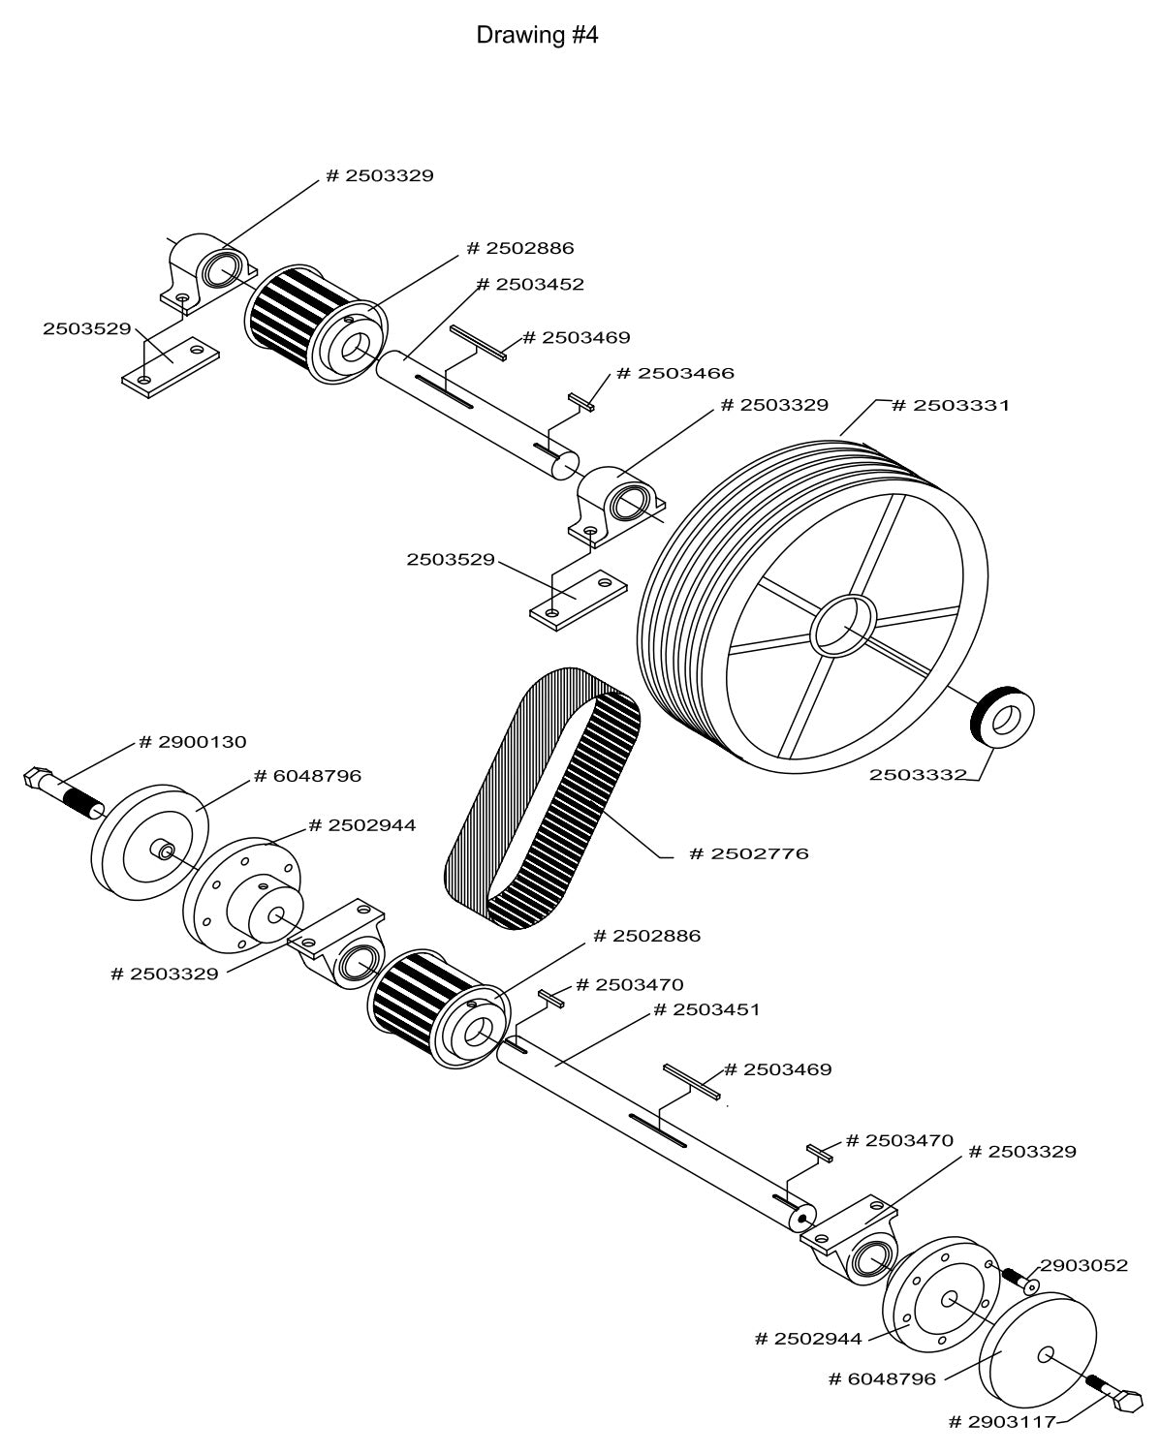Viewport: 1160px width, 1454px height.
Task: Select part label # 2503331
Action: click(949, 405)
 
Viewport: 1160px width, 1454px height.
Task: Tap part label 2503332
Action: click(917, 774)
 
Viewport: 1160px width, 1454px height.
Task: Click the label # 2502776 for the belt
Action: click(747, 853)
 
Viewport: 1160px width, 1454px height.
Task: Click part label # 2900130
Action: click(192, 742)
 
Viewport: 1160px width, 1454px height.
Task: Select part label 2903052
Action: click(1082, 1265)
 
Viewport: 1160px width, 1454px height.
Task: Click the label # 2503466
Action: click(674, 373)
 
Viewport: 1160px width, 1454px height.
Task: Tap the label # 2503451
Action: click(706, 1009)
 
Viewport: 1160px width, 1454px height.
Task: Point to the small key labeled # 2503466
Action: click(581, 401)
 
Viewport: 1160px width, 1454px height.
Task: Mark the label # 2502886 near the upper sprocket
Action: click(519, 248)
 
